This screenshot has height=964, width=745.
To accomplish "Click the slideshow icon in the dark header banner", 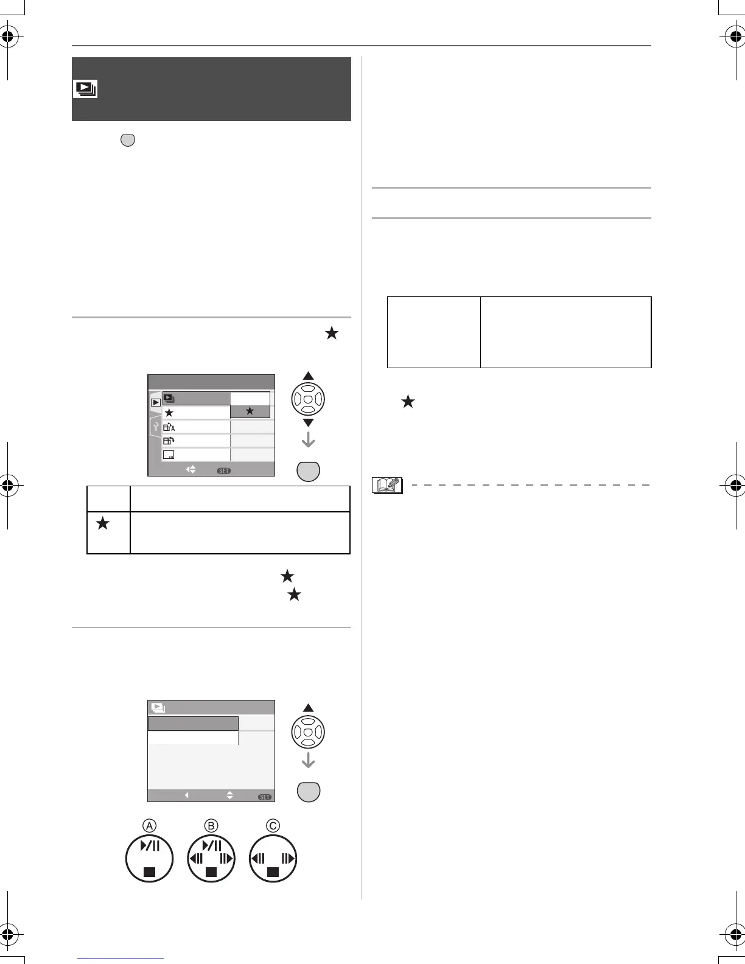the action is (x=85, y=89).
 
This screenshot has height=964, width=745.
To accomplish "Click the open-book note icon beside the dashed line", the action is (x=387, y=485).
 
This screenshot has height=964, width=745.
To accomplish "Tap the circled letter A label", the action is (x=149, y=825).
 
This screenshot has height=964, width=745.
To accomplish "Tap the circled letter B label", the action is (x=211, y=825).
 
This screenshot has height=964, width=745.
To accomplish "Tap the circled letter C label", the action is (x=273, y=825).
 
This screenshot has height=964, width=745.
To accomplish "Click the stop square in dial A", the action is (x=149, y=872).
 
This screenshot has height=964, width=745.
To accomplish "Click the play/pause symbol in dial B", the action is (x=211, y=845).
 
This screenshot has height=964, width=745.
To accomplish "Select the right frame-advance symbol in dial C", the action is (x=289, y=859).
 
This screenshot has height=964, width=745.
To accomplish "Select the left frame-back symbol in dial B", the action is (x=195, y=859).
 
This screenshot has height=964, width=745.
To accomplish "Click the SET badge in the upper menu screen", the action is (x=223, y=470).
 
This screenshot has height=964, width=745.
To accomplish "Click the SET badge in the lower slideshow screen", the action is (x=264, y=797).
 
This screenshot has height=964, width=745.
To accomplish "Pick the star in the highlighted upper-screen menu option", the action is (x=250, y=412).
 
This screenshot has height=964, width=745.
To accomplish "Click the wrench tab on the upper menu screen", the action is (x=155, y=426).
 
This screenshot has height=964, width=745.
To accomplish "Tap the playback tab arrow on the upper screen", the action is (x=156, y=402).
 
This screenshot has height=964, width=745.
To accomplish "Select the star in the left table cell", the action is (x=102, y=523).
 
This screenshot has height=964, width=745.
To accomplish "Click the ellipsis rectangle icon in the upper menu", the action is (x=169, y=455).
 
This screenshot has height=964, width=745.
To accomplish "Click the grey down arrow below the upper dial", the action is (x=308, y=439).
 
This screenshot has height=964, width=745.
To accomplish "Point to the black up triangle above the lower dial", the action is (x=308, y=708).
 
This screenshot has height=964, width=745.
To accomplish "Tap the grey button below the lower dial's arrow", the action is (x=308, y=791).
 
